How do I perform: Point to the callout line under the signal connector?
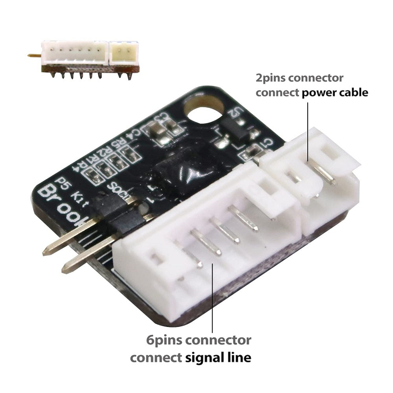(213, 299)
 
